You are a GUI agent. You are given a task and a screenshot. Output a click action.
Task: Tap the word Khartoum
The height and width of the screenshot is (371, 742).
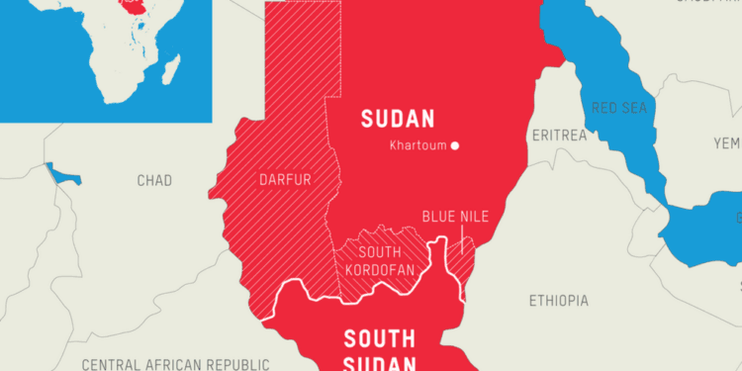coord(417,146)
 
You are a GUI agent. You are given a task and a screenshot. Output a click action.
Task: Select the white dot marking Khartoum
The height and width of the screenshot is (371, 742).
coord(455,146)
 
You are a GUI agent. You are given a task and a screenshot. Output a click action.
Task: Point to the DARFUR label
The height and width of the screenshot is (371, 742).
coord(286,181)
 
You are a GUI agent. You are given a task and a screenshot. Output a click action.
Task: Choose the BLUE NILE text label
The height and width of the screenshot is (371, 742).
coord(455,217)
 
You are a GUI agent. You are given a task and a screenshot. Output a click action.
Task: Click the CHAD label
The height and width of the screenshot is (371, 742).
coord(154,180)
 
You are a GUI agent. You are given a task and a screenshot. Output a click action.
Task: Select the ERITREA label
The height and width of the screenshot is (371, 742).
coord(558,134)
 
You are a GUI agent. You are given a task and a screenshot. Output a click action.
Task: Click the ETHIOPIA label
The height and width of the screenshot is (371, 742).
coord(558,300)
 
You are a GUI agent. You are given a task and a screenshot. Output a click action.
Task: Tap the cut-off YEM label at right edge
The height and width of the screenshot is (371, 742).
coord(727,142)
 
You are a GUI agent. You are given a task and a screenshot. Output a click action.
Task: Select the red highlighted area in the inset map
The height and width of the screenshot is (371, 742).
coord(128,8)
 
